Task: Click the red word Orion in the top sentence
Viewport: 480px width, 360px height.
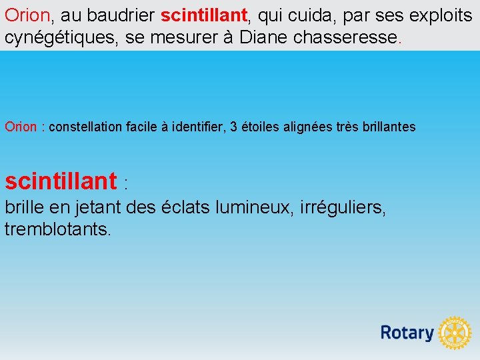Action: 27,15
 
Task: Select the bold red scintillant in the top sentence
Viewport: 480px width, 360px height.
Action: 204,15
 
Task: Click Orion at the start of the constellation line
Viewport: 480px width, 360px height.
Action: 21,127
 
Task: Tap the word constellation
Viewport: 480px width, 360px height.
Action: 86,127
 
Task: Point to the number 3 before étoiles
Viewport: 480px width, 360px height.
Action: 233,127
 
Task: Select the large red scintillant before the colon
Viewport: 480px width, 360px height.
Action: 61,181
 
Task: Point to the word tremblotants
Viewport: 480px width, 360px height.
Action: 58,230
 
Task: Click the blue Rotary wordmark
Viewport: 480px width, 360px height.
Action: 407,333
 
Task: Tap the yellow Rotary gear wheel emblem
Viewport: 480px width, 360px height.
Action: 455,333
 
